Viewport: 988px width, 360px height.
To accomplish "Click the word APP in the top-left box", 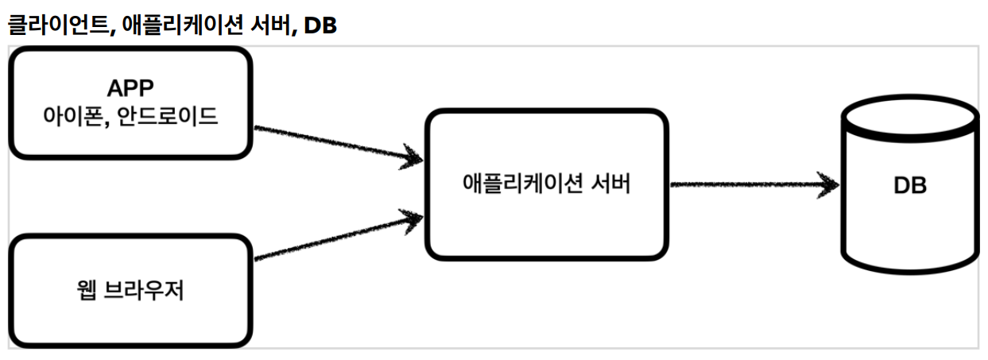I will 131,87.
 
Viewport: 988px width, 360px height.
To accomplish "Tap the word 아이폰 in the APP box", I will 76,116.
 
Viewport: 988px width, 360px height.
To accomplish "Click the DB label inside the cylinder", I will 910,186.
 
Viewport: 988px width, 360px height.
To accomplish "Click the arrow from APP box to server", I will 334,144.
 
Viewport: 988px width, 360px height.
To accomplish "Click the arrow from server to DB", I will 747,185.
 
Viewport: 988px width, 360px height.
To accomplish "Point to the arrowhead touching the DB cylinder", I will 829,185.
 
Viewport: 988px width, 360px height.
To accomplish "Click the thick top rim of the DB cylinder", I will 909,126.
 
